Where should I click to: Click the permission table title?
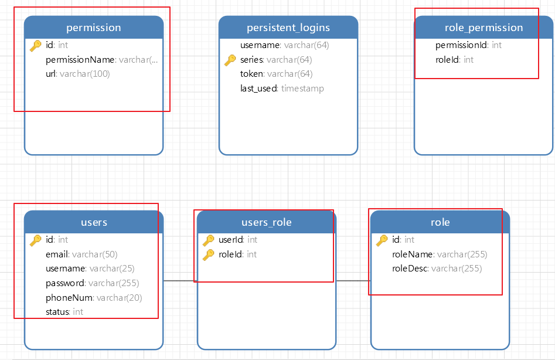coord(93,28)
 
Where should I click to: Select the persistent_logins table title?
coord(288,28)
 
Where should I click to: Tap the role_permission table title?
coord(484,28)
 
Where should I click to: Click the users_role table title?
coord(267,222)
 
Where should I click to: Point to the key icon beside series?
coord(230,60)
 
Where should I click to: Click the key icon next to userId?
coord(209,240)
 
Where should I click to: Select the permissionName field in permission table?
coord(102,60)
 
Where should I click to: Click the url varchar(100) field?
coord(78,74)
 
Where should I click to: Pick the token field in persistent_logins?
coord(277,74)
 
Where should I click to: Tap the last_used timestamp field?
coord(282,88)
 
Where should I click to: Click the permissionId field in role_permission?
coord(469,45)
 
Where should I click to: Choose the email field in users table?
coord(81,254)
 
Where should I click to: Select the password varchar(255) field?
coord(93,283)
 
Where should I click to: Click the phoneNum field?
coord(94,298)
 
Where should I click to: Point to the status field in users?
coord(64,312)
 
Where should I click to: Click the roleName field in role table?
coord(440,254)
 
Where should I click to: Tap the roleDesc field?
coord(437,269)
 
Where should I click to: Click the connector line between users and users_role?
coord(180,281)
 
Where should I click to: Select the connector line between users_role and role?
coord(353,281)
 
